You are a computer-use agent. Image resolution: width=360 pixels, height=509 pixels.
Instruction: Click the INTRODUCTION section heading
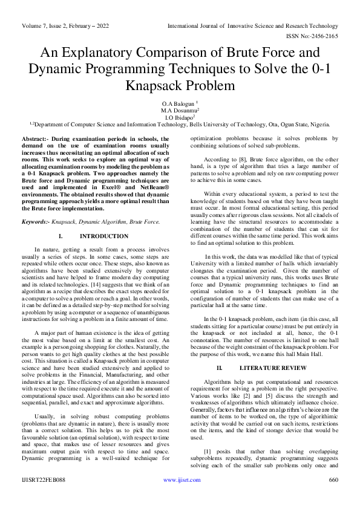point(104,236)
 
